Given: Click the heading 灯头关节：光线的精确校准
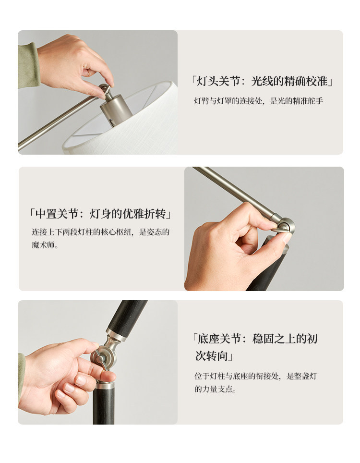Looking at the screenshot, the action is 262,81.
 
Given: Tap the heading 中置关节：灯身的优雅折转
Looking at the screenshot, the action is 101,214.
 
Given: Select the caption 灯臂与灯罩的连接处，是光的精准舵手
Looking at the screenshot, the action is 258,101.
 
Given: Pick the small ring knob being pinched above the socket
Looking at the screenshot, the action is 105,88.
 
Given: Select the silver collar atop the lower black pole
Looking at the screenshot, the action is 104,385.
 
